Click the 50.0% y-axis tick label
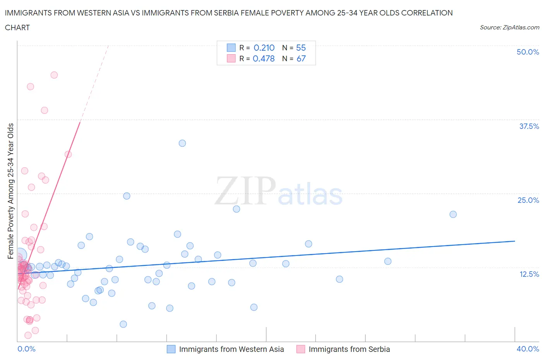(x=528, y=52)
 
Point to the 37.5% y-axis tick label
(x=529, y=126)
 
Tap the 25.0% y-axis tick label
(x=528, y=200)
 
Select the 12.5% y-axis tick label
(x=529, y=274)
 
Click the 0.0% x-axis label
(x=26, y=349)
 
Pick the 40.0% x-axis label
(x=528, y=349)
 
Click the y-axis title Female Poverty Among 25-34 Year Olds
(x=10, y=191)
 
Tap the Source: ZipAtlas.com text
(x=509, y=27)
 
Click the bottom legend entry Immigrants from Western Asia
(x=231, y=349)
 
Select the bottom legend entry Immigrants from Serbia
(x=349, y=349)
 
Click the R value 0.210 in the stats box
(x=264, y=48)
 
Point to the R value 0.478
(x=263, y=58)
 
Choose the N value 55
(x=301, y=48)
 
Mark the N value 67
(x=301, y=58)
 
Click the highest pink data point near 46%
(x=54, y=75)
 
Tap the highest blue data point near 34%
(x=182, y=143)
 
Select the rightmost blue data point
(x=453, y=214)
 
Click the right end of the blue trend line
(x=515, y=241)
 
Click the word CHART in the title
(x=17, y=27)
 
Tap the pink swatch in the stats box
(x=231, y=58)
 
